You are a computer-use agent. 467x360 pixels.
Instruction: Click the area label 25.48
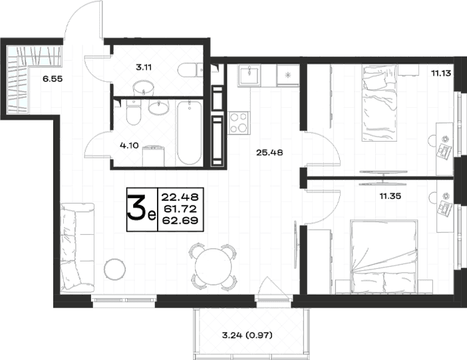click(269, 153)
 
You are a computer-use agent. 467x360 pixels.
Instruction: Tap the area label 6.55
click(53, 79)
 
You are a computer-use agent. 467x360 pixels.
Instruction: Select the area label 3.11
click(144, 67)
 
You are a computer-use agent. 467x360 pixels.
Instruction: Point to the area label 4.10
click(129, 146)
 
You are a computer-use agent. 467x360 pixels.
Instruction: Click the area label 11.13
click(441, 73)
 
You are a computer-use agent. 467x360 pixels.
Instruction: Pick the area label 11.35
click(390, 196)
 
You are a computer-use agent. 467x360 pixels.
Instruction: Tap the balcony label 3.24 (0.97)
click(247, 335)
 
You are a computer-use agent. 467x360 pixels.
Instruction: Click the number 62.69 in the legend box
click(180, 220)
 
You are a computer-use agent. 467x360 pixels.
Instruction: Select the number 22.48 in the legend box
click(180, 197)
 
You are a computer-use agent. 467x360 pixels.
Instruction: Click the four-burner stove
click(239, 123)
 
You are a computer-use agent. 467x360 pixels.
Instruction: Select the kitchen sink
click(249, 76)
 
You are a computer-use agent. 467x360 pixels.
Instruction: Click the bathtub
click(189, 133)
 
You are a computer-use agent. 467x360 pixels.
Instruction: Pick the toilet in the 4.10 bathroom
click(134, 112)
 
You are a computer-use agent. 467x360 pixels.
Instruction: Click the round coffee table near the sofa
click(114, 269)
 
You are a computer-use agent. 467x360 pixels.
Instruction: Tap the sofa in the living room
click(77, 248)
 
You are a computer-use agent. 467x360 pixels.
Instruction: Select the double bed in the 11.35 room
click(384, 257)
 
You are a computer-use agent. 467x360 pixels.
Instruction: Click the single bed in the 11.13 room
click(380, 103)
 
